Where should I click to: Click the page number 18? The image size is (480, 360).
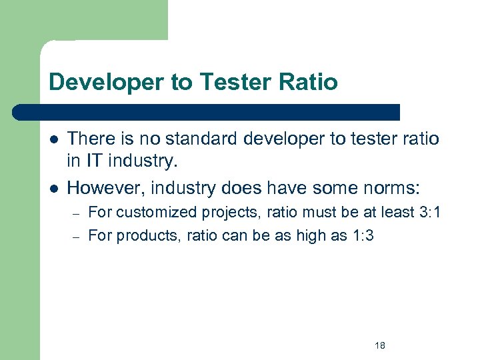380,345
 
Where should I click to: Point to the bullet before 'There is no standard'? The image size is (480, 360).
53,139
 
